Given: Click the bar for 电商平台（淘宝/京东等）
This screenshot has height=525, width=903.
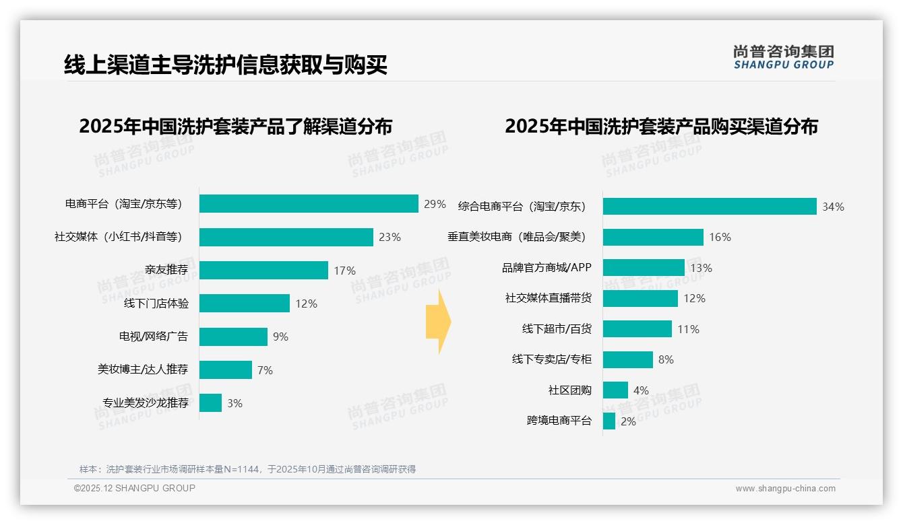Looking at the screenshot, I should (309, 203).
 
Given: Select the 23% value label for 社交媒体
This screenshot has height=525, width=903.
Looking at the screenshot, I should (390, 237).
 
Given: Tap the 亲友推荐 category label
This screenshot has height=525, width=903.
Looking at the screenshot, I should (166, 270).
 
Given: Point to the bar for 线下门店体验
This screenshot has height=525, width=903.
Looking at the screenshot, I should (245, 304).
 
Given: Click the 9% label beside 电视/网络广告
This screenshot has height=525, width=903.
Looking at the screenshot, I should (280, 337).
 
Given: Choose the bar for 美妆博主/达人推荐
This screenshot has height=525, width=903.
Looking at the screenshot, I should (226, 370).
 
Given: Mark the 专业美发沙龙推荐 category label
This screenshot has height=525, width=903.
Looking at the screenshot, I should (145, 403).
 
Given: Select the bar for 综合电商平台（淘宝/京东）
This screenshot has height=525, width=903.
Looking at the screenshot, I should (710, 207).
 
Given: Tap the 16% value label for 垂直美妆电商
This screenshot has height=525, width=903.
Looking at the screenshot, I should (720, 237).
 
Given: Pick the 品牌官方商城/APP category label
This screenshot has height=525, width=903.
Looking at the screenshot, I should (547, 267).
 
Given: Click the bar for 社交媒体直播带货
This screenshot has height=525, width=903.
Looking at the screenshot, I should (640, 298).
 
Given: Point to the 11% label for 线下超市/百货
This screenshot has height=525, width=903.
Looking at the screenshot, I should (688, 329).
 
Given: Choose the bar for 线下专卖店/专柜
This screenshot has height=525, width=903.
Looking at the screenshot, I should (628, 359).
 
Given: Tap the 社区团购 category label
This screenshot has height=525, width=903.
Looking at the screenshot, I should (570, 390).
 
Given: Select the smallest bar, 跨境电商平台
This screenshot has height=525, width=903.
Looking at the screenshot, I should (609, 421).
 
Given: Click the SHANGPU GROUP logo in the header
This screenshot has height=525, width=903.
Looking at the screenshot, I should (783, 57).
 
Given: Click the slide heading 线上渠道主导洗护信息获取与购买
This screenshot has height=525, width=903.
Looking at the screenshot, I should (226, 65).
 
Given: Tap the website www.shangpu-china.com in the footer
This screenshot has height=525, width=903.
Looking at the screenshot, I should (785, 489).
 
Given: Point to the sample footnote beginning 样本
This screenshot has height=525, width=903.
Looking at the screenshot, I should (247, 469).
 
